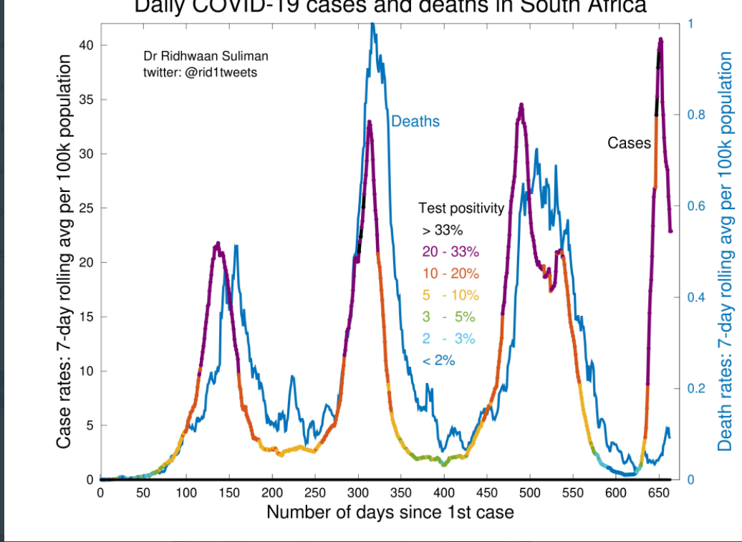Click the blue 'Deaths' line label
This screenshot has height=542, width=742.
(415, 122)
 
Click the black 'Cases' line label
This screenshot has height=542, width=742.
(629, 143)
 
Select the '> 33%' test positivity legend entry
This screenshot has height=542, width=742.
(443, 231)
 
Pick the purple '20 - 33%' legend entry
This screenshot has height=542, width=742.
(450, 252)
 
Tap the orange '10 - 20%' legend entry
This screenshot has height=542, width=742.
(450, 274)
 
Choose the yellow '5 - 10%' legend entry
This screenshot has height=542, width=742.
(450, 295)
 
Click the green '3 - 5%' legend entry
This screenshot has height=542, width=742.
(449, 317)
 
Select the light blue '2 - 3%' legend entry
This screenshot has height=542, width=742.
(449, 339)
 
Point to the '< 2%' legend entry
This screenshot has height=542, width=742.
(439, 360)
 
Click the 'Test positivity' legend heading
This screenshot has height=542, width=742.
(461, 209)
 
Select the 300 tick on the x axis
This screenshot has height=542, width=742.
(358, 493)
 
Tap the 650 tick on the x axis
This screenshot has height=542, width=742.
(659, 493)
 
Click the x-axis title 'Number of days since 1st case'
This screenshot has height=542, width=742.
(390, 513)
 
